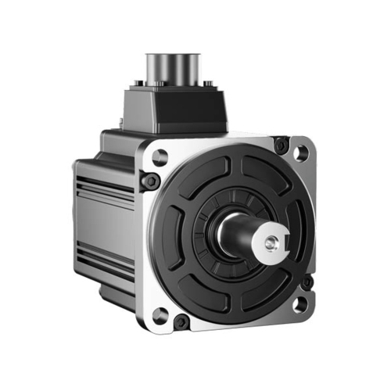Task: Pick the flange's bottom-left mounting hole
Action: pyautogui.click(x=160, y=315)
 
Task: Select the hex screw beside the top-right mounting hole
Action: pyautogui.click(x=280, y=143)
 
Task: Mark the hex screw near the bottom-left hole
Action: pyautogui.click(x=181, y=320)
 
